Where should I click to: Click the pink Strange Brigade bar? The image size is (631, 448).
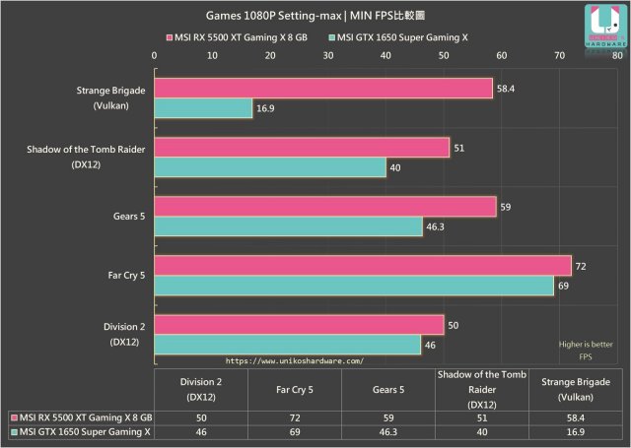(323, 89)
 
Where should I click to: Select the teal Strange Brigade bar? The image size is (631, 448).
(203, 108)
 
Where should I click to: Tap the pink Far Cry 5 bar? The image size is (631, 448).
(363, 265)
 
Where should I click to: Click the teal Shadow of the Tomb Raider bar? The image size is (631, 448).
(270, 167)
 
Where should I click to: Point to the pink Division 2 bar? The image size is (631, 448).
(299, 324)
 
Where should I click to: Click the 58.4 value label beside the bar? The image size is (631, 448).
(505, 89)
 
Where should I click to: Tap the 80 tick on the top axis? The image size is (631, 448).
(616, 56)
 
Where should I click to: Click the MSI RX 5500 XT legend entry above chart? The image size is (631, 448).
(236, 37)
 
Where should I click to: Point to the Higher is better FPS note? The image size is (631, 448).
(584, 350)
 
